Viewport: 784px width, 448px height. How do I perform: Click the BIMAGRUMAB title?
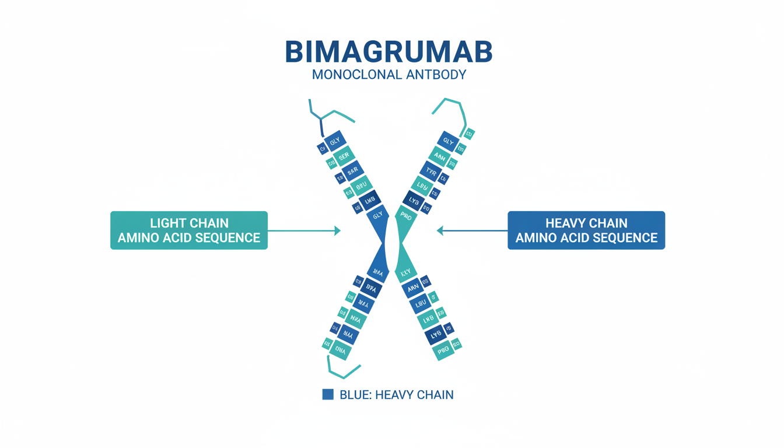388,52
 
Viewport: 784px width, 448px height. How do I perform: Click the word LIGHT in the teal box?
166,223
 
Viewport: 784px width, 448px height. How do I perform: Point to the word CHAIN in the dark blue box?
607,223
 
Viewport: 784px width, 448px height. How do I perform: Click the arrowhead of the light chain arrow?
337,231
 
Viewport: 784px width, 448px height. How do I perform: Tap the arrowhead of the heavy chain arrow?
440,231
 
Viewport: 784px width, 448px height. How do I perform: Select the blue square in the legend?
328,395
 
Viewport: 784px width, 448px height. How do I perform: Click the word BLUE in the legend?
355,395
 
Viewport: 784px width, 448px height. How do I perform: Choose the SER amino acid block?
344,156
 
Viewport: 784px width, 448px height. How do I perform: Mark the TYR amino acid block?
431,171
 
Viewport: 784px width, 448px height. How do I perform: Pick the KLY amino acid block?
405,272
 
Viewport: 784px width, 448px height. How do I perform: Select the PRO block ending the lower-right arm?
443,351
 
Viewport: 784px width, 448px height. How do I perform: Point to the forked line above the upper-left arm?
320,116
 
